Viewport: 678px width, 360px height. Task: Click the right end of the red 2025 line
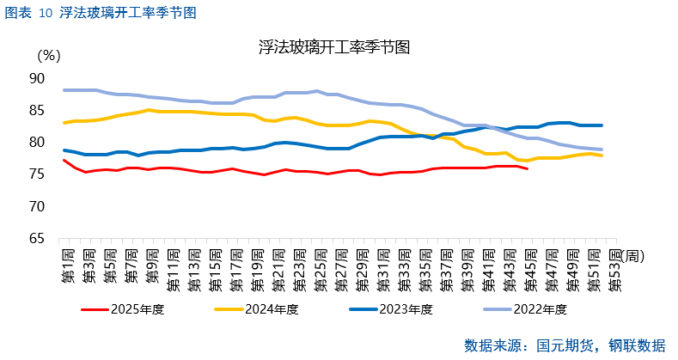tap(528, 168)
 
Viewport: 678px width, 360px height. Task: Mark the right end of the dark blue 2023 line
tap(602, 125)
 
